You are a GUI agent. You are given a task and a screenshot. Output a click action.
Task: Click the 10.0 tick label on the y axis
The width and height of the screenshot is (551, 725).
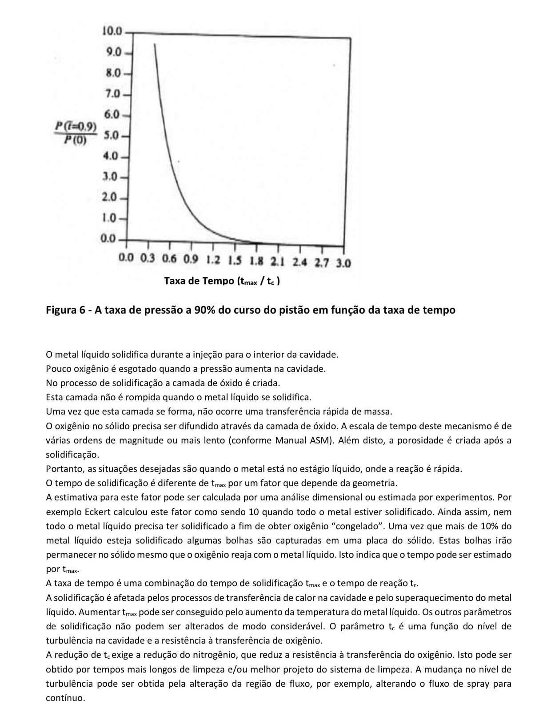tap(112, 31)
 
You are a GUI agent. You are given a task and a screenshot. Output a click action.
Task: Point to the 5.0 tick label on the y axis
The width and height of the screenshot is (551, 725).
tap(112, 135)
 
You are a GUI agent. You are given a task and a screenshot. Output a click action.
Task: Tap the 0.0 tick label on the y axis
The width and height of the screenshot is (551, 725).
tap(108, 239)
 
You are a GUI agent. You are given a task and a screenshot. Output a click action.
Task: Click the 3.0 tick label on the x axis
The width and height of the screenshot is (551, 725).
tap(343, 262)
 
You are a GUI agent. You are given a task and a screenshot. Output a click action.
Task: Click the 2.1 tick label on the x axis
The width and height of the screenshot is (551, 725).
tap(278, 262)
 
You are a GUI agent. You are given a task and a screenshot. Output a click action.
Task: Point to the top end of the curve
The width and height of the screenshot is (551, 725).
tap(154, 44)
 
